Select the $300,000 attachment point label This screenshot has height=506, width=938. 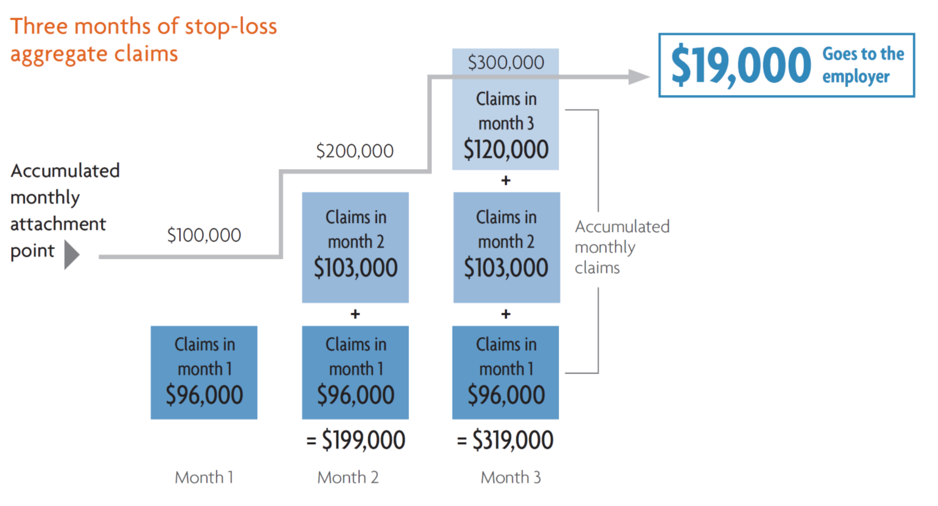tap(506, 62)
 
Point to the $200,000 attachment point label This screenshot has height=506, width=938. tap(355, 151)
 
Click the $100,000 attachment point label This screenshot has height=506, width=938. tap(204, 235)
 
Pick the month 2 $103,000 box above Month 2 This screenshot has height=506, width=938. tap(355, 247)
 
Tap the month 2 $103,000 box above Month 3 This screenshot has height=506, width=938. tap(506, 247)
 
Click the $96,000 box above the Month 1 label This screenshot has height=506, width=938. tap(204, 372)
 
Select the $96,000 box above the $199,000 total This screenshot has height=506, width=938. tap(355, 372)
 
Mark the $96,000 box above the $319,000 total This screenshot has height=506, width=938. tap(506, 372)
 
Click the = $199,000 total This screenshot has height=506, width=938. tap(356, 440)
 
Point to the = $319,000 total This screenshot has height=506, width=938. tap(505, 440)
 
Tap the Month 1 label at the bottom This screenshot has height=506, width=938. tap(204, 477)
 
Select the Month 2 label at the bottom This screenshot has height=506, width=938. tap(348, 477)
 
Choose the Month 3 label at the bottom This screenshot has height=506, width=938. tap(511, 477)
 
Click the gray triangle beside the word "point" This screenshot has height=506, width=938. tap(71, 255)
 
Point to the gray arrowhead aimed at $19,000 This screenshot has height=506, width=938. tap(638, 77)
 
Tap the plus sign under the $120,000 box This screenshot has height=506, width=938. tap(506, 181)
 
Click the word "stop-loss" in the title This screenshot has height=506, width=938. tap(231, 27)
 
